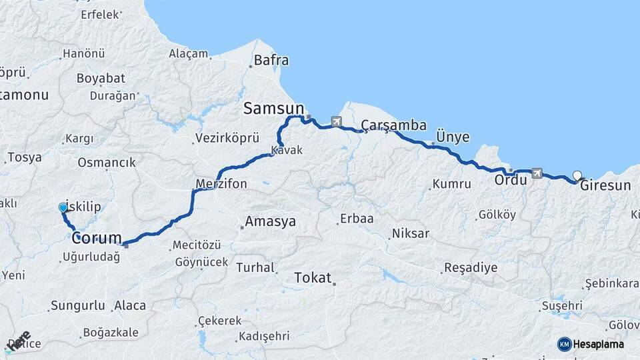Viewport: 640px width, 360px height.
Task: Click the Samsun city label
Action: (273, 108)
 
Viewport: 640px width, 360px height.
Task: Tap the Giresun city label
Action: (605, 185)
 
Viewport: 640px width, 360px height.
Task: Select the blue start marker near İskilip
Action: (63, 207)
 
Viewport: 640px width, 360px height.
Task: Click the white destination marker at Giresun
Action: (577, 175)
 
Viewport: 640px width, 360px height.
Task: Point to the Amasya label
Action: (270, 222)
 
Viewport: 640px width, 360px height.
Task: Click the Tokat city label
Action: (313, 277)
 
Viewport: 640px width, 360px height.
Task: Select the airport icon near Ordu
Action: (537, 173)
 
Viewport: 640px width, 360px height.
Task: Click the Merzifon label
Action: (222, 183)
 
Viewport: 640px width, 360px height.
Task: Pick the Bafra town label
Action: (272, 60)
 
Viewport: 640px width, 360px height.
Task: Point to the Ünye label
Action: (453, 137)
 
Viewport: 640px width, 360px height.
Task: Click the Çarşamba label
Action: (393, 125)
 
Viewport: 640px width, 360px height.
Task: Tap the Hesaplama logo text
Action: (599, 344)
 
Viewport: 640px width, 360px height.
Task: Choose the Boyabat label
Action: (96, 78)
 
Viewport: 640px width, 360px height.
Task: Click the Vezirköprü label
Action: (226, 139)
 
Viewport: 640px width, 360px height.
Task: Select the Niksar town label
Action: (411, 233)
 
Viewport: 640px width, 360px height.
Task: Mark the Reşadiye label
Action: (471, 268)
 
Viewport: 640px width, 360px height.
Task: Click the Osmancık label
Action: (107, 162)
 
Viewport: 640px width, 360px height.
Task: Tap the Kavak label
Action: (287, 151)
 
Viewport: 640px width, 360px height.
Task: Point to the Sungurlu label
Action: (77, 305)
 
